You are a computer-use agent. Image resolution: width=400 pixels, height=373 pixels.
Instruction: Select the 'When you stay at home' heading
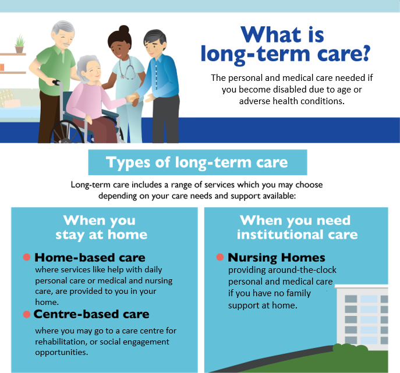click(101, 228)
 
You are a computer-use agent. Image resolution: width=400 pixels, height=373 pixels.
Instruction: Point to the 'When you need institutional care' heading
click(295, 228)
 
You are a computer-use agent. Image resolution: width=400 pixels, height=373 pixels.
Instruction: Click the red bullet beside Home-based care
click(26, 257)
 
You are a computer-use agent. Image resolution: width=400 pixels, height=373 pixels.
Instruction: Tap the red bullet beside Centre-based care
click(26, 314)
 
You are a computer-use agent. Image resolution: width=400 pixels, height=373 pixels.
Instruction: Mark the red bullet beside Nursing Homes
click(220, 257)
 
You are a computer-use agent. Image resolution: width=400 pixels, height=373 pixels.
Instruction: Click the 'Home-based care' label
click(90, 257)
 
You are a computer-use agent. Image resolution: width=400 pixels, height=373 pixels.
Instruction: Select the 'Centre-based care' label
click(91, 314)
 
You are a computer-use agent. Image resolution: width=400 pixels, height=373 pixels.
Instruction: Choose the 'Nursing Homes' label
click(276, 257)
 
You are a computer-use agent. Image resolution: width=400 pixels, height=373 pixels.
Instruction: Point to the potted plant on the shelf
click(20, 44)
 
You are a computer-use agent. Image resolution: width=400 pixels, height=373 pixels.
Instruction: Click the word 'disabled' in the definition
click(288, 90)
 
